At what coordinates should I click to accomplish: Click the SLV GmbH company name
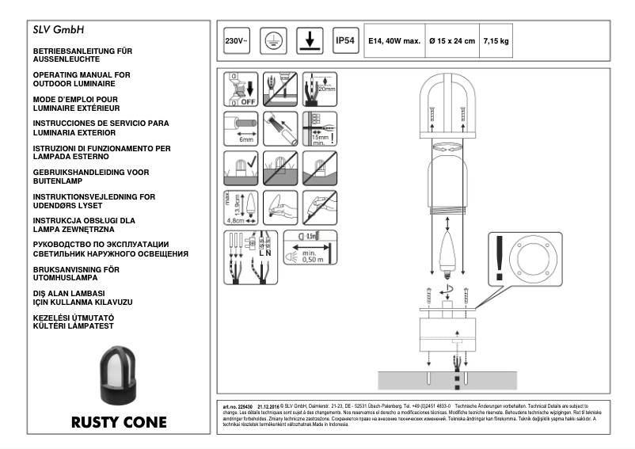click(x=59, y=32)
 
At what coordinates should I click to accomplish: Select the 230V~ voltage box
click(x=236, y=40)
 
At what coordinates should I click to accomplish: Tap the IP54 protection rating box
click(x=345, y=40)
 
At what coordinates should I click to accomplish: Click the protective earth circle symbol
click(x=272, y=40)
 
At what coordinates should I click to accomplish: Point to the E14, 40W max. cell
click(x=393, y=40)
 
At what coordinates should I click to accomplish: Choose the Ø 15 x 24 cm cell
click(x=451, y=40)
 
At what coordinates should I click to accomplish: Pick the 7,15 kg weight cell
click(x=496, y=40)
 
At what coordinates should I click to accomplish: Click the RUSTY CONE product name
click(x=119, y=422)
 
